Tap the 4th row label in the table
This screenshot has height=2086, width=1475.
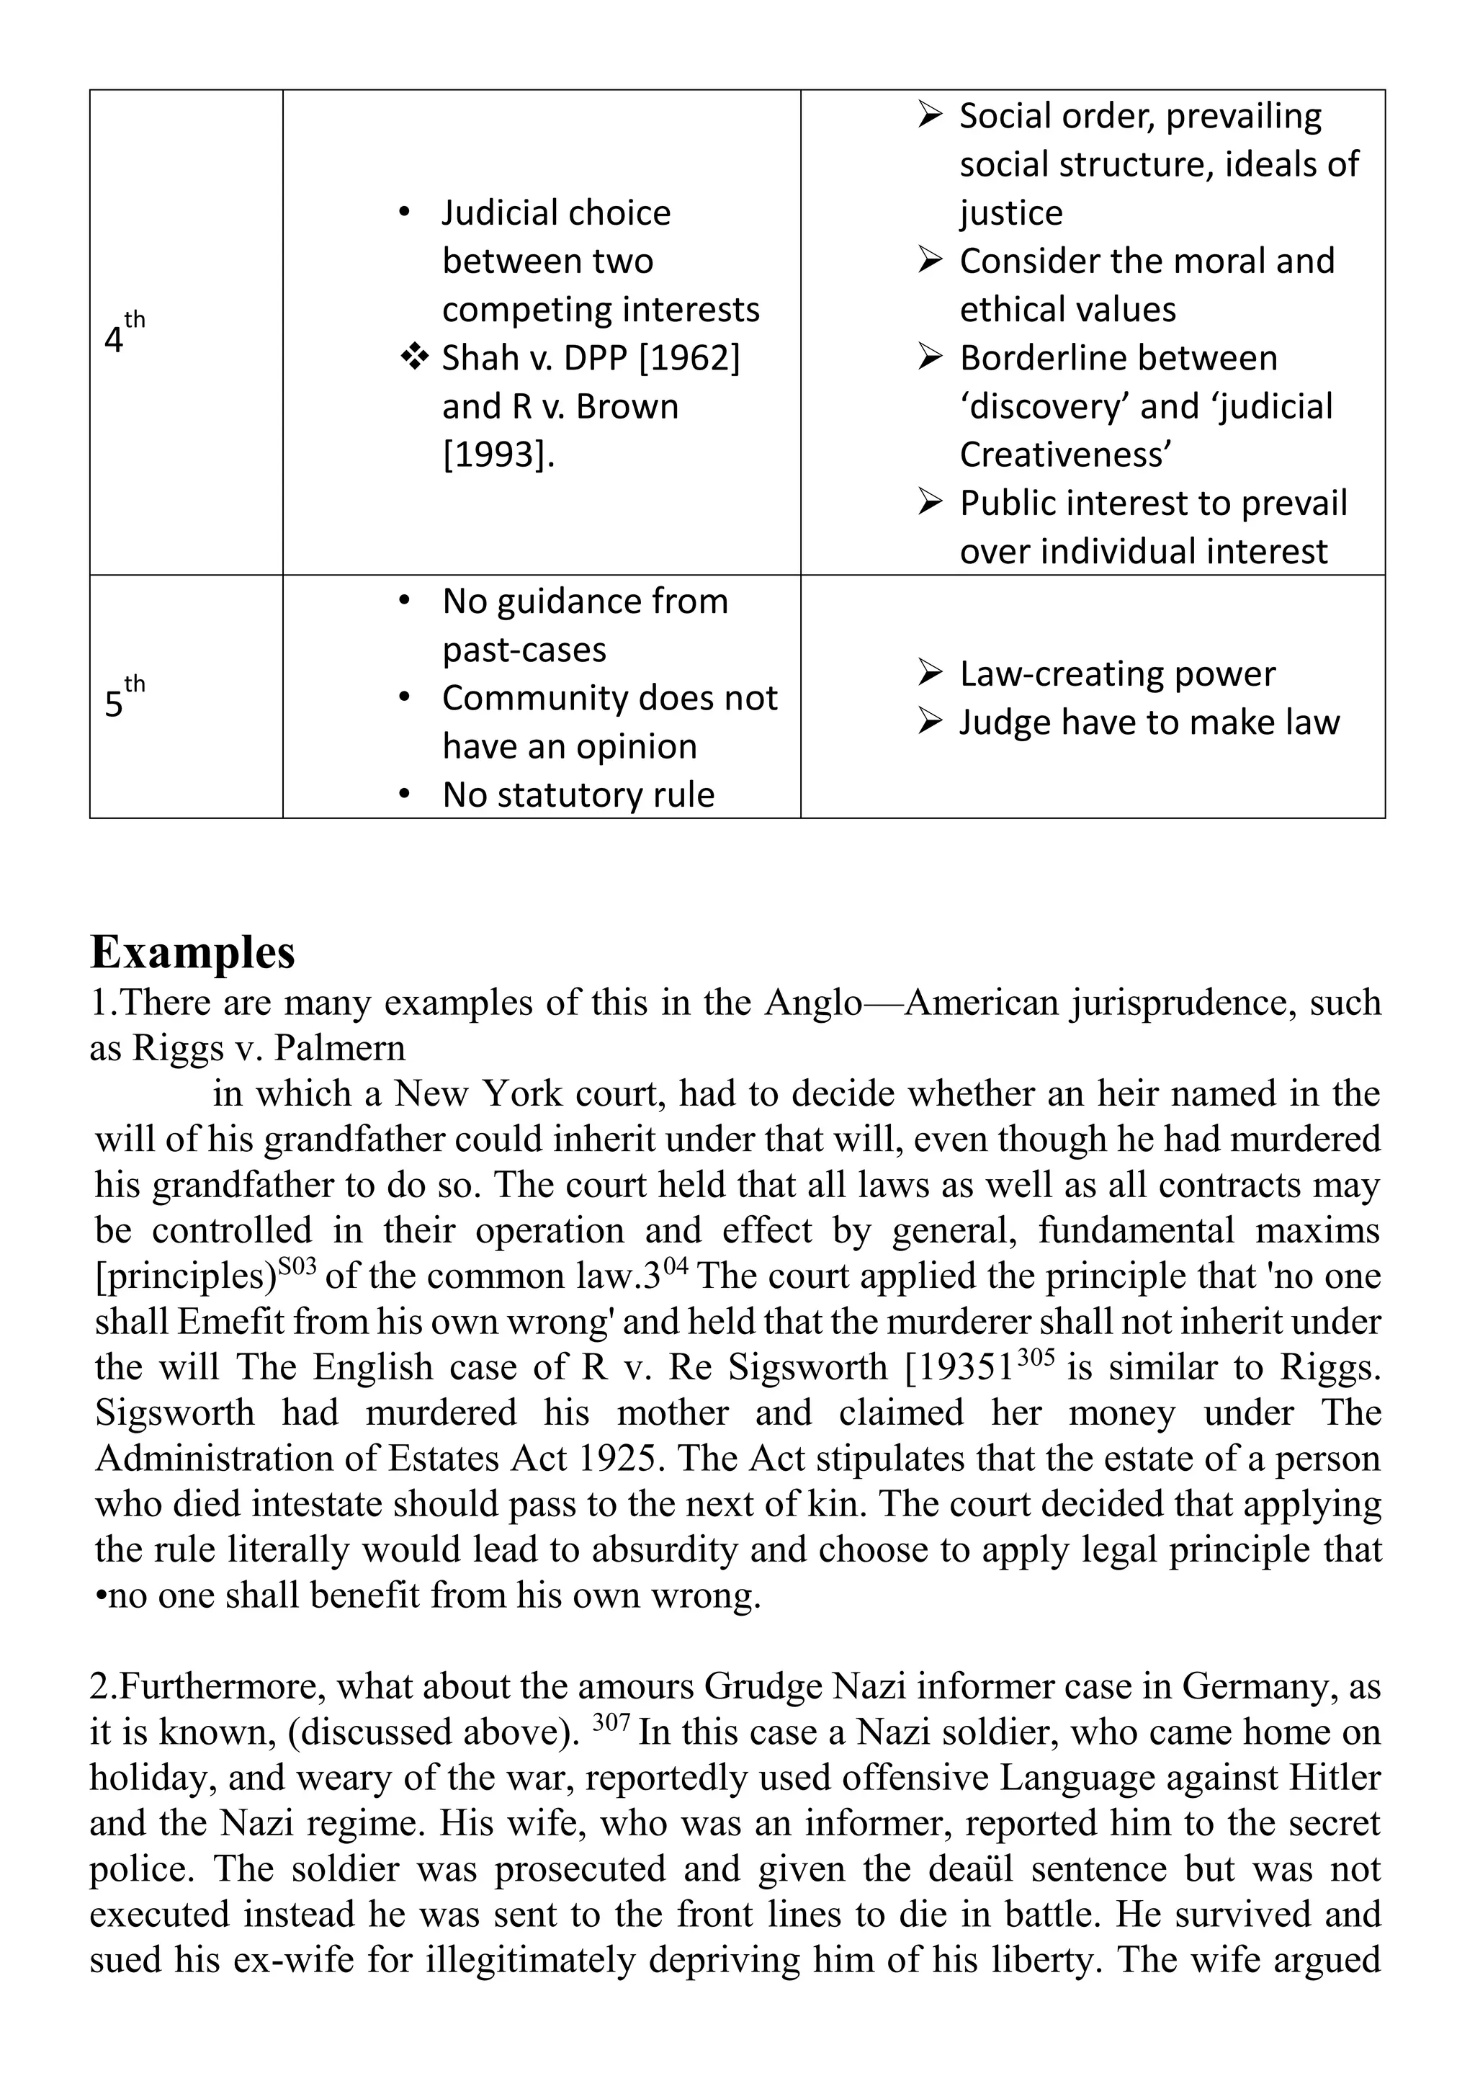pos(122,334)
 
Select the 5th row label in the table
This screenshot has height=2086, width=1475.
pos(122,699)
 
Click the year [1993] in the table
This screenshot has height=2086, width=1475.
pos(498,455)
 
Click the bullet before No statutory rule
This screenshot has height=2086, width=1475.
pos(405,795)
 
